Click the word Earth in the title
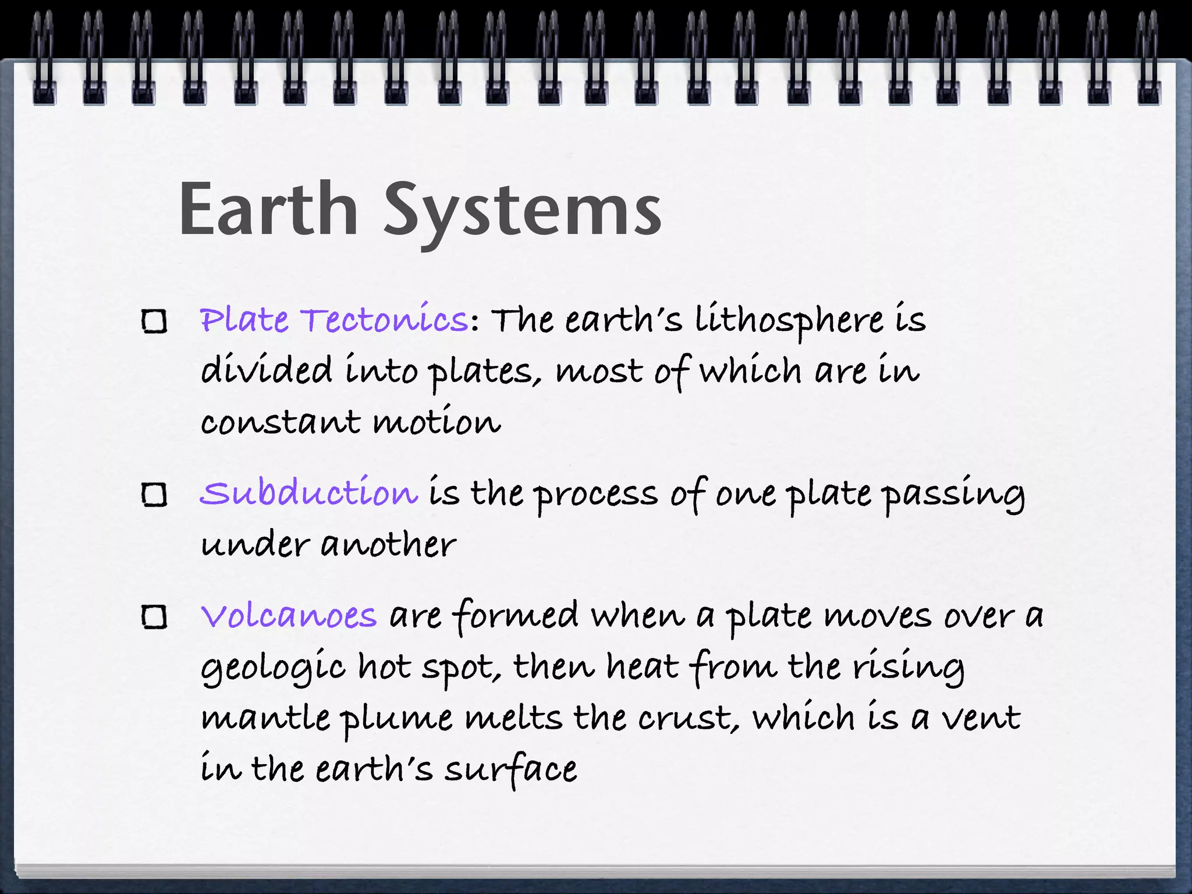(x=268, y=210)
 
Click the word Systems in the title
(x=522, y=212)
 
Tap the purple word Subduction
(x=309, y=493)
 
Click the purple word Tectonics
(x=384, y=320)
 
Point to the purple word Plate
(x=244, y=320)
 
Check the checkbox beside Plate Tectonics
(x=155, y=321)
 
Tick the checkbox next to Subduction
(x=155, y=495)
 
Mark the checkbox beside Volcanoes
(x=155, y=617)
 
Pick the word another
(x=388, y=545)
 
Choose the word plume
(x=396, y=719)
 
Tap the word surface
(x=510, y=769)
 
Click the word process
(x=596, y=495)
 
